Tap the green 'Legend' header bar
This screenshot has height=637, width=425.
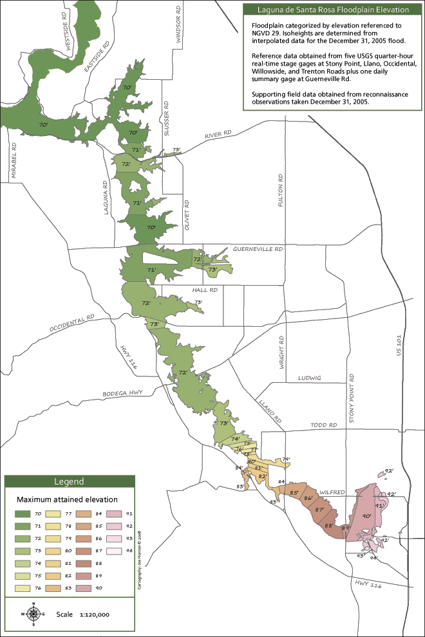pos(70,481)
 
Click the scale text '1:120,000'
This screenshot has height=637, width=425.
pos(95,614)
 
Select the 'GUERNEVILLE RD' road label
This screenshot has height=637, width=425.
pos(258,248)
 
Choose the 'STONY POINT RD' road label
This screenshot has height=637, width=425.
pos(352,399)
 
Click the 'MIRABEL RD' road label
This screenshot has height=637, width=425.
pos(13,156)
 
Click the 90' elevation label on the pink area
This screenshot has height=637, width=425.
pos(366,516)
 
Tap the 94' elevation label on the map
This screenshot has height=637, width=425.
pos(373,557)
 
